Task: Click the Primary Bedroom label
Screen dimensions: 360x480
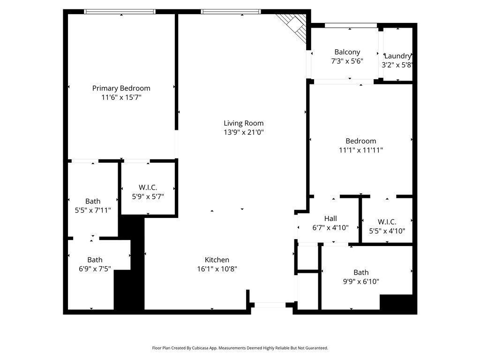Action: point(121,88)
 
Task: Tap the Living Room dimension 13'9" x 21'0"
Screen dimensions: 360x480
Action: point(243,132)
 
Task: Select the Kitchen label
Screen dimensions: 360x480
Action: point(217,260)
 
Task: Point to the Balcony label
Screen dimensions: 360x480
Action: point(347,52)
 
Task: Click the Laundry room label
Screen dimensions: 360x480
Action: point(397,56)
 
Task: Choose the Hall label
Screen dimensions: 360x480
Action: point(330,218)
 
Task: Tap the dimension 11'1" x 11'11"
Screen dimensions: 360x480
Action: point(361,150)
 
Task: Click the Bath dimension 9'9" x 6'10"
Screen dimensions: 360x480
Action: point(360,282)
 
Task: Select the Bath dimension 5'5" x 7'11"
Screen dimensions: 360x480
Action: point(93,210)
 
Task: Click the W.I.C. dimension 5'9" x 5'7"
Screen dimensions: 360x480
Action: point(148,197)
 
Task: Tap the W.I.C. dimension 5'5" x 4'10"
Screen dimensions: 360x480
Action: point(387,231)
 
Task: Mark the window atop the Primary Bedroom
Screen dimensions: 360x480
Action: point(120,12)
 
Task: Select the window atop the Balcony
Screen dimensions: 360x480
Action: point(351,25)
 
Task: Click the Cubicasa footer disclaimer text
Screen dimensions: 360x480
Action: point(240,348)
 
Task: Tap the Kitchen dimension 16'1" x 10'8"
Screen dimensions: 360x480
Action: point(217,269)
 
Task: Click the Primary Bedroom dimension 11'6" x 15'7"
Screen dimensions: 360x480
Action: point(121,97)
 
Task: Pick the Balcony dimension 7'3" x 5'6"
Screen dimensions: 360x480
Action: point(347,61)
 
